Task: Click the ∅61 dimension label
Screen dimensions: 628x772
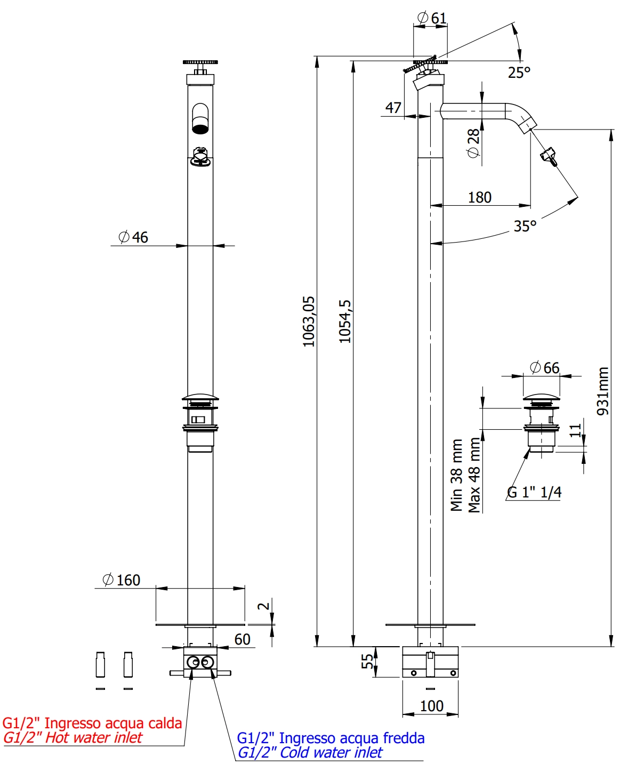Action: pyautogui.click(x=432, y=18)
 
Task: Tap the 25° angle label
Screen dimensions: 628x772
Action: pyautogui.click(x=519, y=73)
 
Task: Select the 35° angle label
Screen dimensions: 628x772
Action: pyautogui.click(x=525, y=226)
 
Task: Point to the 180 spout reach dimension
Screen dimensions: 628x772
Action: pyautogui.click(x=480, y=197)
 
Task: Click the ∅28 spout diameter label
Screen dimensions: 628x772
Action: pyautogui.click(x=473, y=143)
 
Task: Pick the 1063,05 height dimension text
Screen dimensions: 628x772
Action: pyautogui.click(x=309, y=321)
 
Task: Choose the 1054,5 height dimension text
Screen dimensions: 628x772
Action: pyautogui.click(x=345, y=321)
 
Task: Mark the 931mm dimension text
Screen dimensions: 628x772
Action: pyautogui.click(x=603, y=391)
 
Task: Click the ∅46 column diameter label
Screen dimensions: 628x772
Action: pyautogui.click(x=133, y=237)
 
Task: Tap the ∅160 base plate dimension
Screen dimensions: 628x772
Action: pyautogui.click(x=122, y=580)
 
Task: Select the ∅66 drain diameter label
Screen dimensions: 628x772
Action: pyautogui.click(x=545, y=368)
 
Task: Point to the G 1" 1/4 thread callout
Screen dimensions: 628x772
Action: pyautogui.click(x=534, y=492)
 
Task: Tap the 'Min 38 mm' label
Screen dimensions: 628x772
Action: pyautogui.click(x=456, y=475)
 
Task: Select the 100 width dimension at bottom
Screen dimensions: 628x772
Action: pyautogui.click(x=431, y=706)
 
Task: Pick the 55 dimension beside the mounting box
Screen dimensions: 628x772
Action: pyautogui.click(x=367, y=661)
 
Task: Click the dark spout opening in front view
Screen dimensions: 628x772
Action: pyautogui.click(x=200, y=128)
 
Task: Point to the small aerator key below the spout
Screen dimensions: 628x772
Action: pyautogui.click(x=548, y=156)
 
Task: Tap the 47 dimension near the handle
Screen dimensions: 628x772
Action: pyautogui.click(x=393, y=108)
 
